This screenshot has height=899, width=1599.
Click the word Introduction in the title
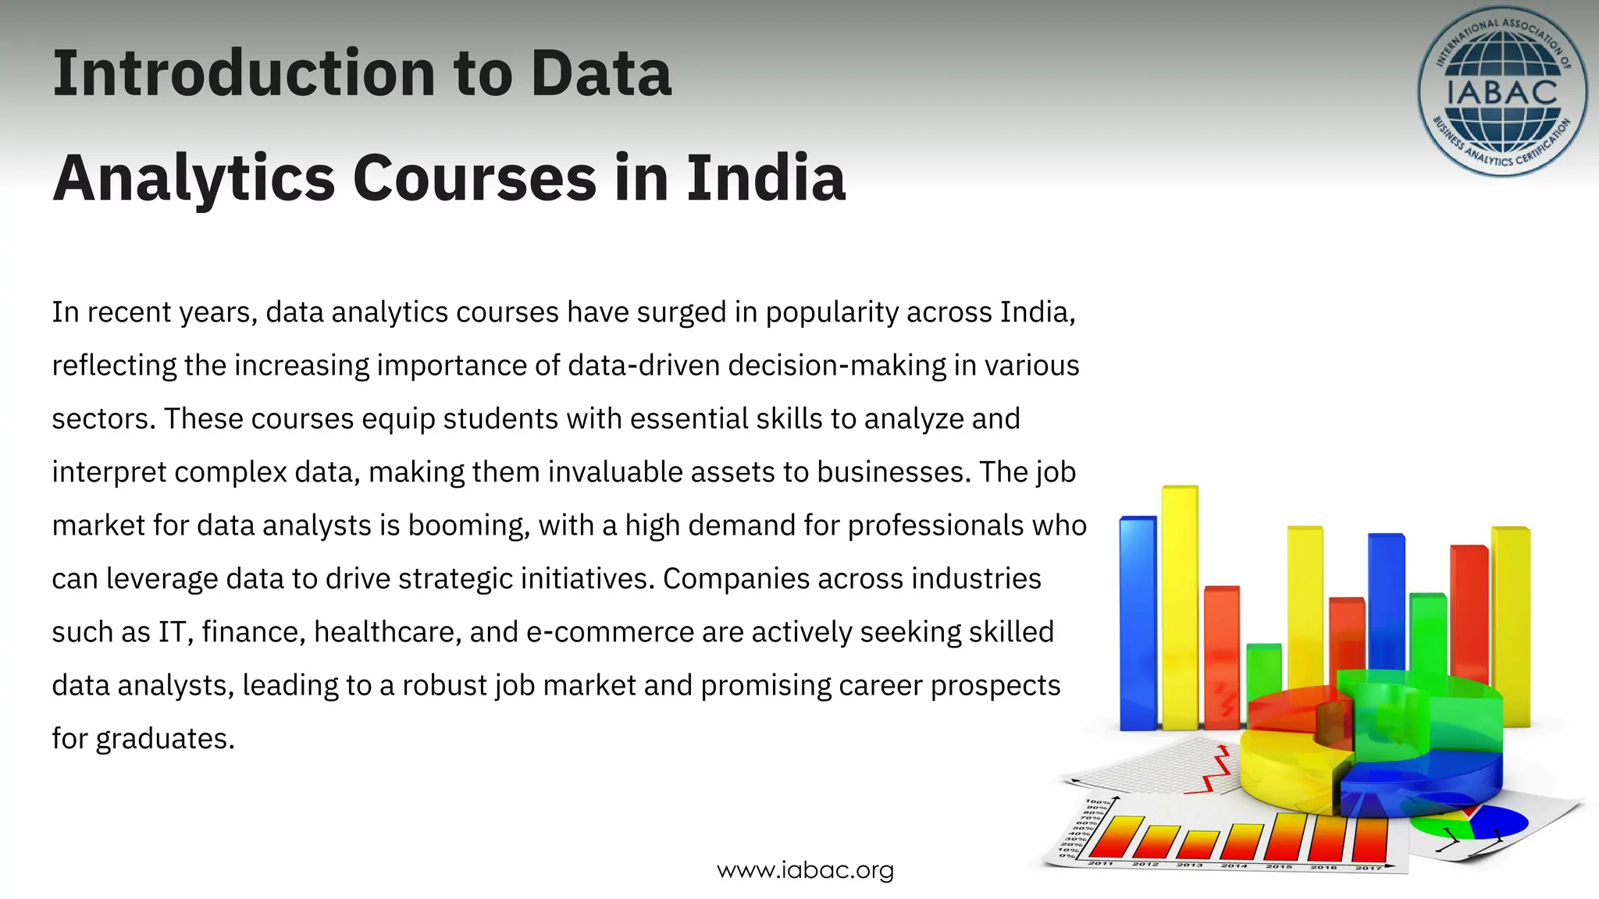point(243,73)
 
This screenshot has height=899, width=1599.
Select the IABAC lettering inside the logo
point(1501,92)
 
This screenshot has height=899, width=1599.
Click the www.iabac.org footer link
point(805,870)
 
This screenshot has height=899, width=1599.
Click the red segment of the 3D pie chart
point(1288,706)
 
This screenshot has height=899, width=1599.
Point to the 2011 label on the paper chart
point(1100,863)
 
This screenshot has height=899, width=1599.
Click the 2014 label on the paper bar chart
point(1234,865)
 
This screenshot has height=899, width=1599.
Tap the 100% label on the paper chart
point(1097,802)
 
